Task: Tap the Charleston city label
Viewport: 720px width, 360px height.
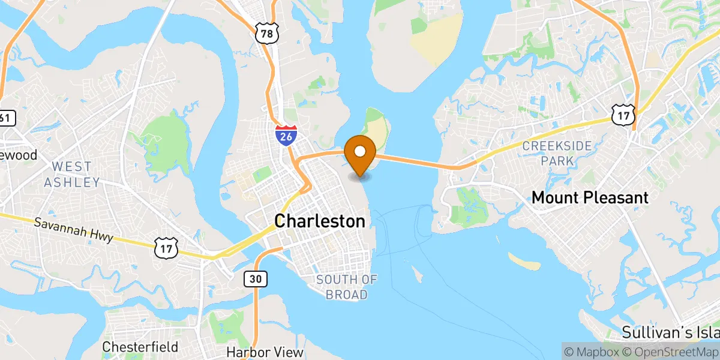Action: (x=320, y=221)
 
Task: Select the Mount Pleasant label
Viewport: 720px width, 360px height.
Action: (x=590, y=197)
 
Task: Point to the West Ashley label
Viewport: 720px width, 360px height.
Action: (x=71, y=174)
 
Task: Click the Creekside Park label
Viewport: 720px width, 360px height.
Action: (x=557, y=153)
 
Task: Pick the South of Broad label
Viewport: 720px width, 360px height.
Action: (x=347, y=287)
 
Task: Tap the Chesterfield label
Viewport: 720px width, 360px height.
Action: (x=140, y=347)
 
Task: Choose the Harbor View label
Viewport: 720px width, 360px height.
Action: (x=265, y=352)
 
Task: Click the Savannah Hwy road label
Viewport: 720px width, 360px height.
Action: (x=73, y=229)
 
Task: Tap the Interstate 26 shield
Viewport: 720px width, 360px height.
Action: (x=285, y=136)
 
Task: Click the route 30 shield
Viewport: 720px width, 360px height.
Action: (x=255, y=278)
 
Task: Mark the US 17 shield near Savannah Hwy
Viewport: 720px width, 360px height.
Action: (x=166, y=247)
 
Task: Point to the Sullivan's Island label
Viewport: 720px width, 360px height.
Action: (x=670, y=332)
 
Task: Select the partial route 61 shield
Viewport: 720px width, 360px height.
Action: (x=5, y=118)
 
